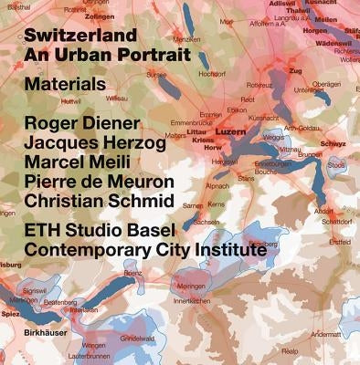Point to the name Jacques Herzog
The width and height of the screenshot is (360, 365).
click(x=95, y=144)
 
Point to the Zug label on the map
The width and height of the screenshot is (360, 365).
click(x=294, y=69)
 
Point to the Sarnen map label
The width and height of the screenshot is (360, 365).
click(x=193, y=206)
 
